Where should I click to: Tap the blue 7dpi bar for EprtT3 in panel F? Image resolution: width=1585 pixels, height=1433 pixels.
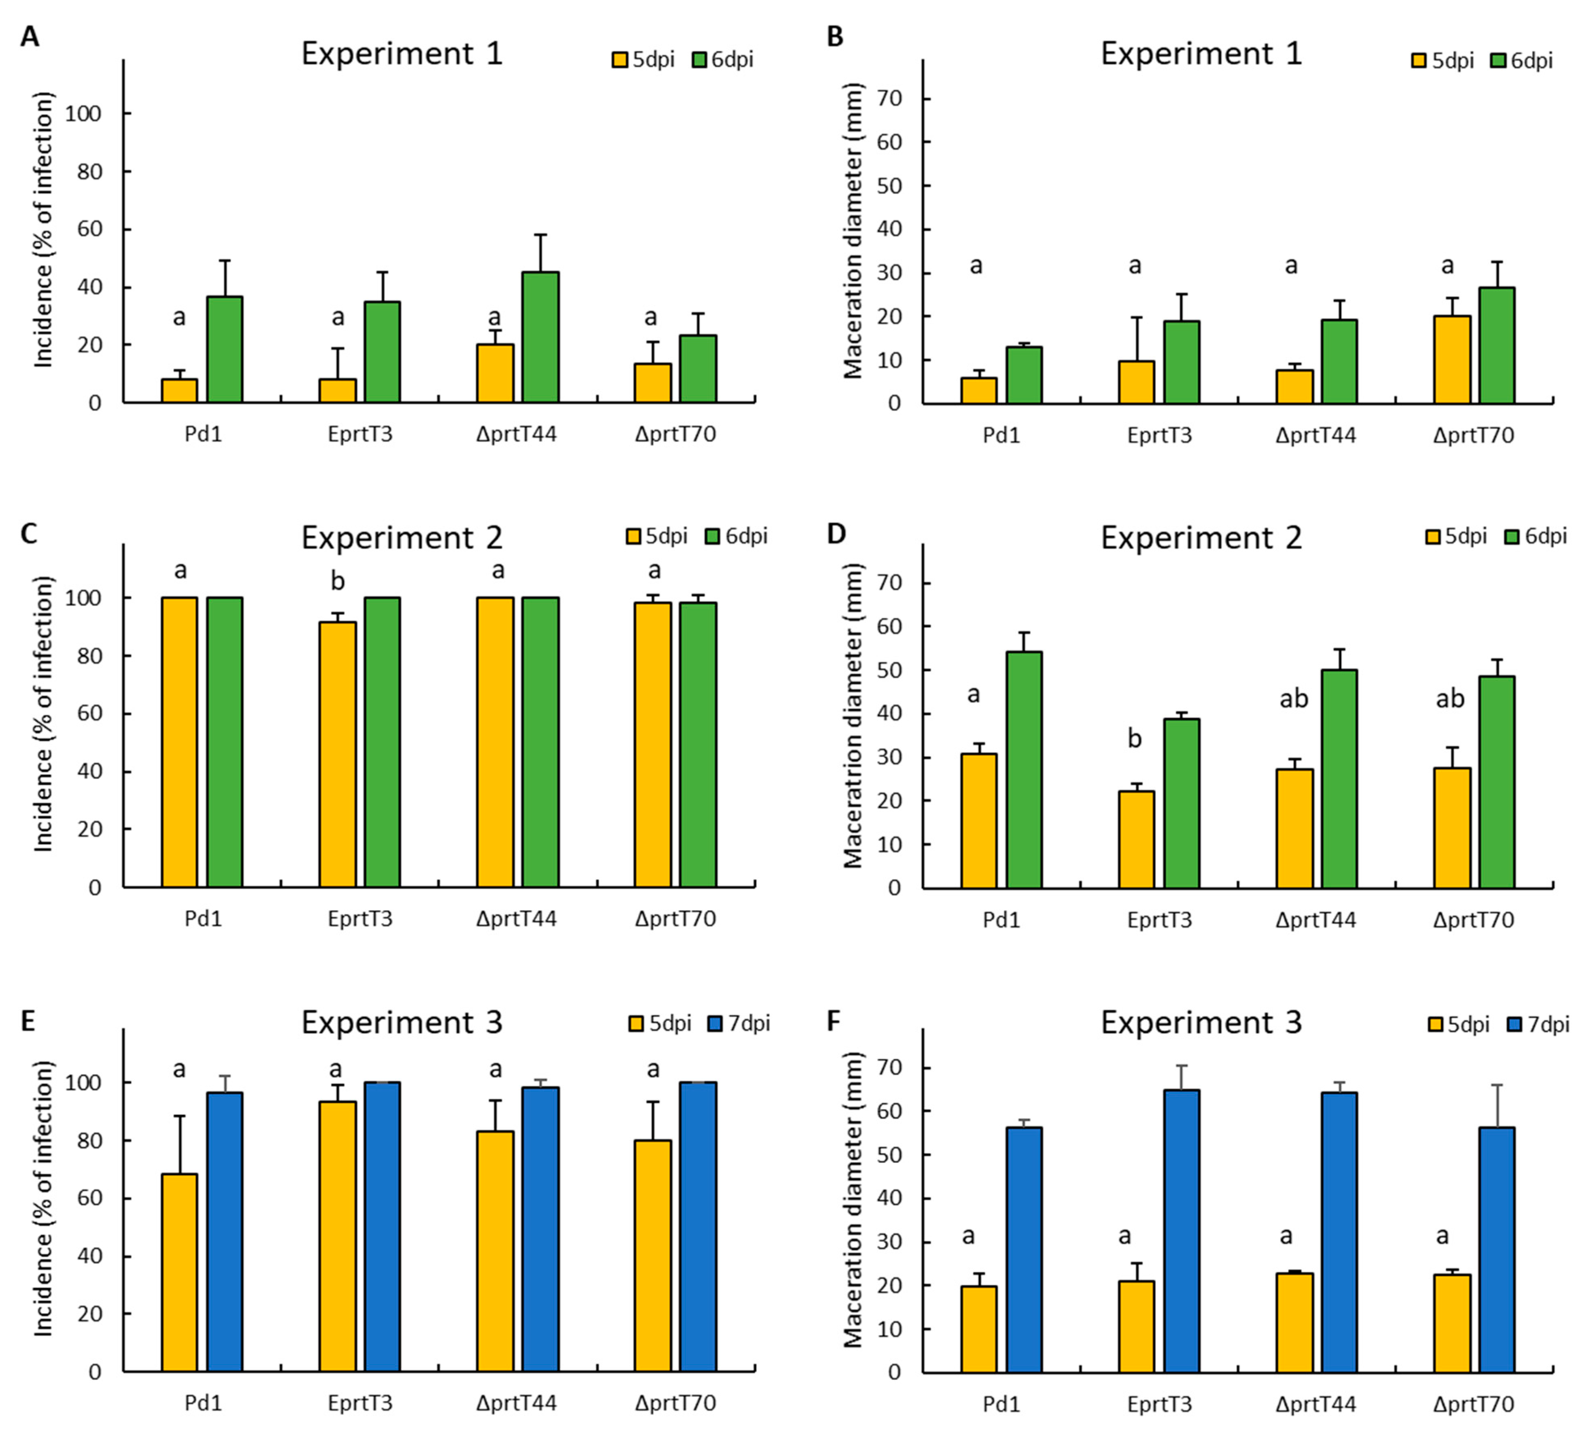(1182, 1231)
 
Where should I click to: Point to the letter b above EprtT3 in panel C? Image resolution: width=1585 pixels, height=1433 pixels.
(337, 581)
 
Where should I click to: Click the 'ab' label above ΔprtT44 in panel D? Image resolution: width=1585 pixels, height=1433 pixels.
(1293, 698)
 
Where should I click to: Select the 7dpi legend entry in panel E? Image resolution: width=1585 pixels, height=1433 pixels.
(739, 1024)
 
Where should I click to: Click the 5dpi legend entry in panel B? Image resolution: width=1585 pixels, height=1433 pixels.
(1443, 61)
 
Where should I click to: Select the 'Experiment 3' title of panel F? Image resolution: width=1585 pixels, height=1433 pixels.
(1201, 1023)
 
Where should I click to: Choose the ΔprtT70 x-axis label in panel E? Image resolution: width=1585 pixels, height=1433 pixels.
(675, 1403)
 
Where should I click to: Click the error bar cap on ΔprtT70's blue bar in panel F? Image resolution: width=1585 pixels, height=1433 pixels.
(1497, 1086)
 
